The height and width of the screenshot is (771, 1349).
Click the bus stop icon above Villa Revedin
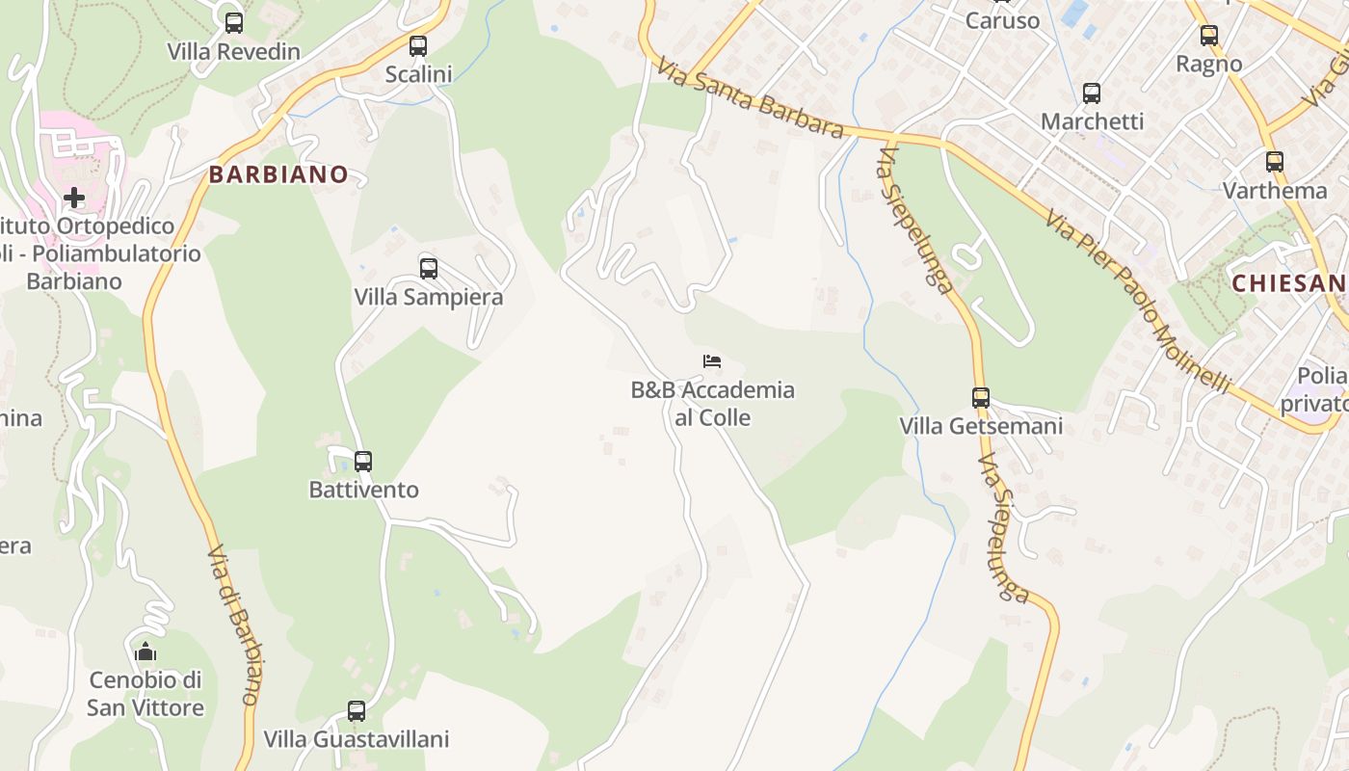click(x=234, y=23)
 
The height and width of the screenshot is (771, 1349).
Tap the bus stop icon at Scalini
click(x=418, y=46)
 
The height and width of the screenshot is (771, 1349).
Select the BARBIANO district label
click(x=278, y=174)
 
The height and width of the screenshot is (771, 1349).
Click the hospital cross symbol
click(x=74, y=199)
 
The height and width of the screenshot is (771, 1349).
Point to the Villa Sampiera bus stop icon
click(x=429, y=269)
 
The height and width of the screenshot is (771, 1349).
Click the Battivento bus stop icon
click(x=363, y=462)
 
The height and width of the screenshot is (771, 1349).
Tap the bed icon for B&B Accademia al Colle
click(x=712, y=361)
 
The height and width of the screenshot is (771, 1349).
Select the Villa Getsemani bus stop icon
click(x=981, y=397)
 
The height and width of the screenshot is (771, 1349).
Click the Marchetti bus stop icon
click(x=1092, y=93)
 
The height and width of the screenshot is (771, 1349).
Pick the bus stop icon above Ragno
click(x=1209, y=36)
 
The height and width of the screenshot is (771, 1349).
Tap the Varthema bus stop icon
click(x=1275, y=162)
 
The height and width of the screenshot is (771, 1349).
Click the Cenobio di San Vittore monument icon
click(x=145, y=652)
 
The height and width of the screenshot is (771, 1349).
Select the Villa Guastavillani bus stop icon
click(x=357, y=711)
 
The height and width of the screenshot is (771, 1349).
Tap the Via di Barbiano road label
click(x=235, y=626)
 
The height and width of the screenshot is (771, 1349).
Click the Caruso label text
click(x=1003, y=21)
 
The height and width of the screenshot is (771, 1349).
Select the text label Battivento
click(x=363, y=490)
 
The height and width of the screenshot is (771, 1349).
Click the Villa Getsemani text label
click(x=981, y=426)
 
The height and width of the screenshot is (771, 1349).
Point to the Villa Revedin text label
click(x=234, y=52)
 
